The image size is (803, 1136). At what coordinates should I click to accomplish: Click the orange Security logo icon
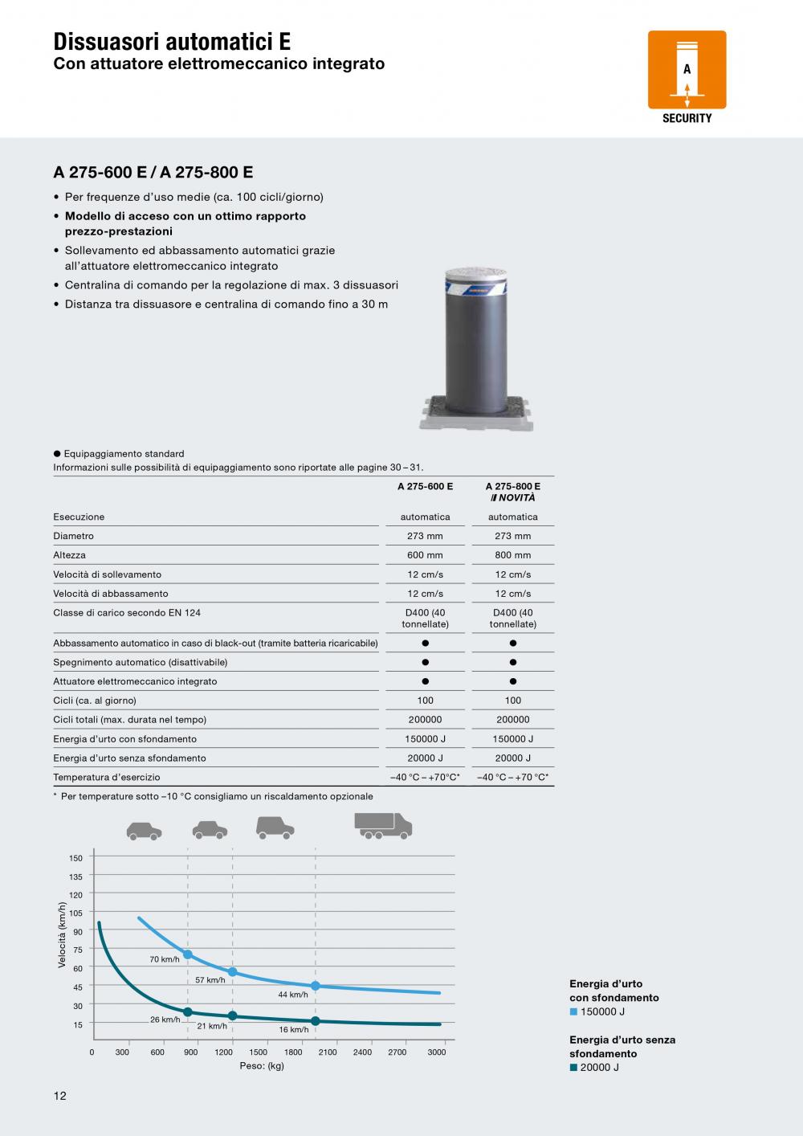(687, 70)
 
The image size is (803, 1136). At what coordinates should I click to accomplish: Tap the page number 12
(60, 1096)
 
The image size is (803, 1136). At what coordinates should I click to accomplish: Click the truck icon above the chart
(383, 825)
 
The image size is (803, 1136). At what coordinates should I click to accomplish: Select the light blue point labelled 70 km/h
(188, 954)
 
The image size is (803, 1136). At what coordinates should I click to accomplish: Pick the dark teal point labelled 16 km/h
(315, 1021)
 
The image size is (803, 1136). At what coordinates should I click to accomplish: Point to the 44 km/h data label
(293, 995)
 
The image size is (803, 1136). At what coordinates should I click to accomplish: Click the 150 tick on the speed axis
(76, 858)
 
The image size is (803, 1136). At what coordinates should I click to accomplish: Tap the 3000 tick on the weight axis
(436, 1052)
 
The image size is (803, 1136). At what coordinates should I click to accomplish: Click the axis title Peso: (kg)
(262, 1066)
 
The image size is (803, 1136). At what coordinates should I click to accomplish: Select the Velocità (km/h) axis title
(62, 935)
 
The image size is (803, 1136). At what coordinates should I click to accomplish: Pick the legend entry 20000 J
(599, 1067)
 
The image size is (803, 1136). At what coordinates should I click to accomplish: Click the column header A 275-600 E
(425, 487)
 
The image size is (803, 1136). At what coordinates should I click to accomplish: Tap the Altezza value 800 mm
(512, 555)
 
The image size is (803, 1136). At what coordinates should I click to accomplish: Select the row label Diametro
(74, 536)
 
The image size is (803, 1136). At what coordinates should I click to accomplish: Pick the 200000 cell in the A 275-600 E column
(425, 720)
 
